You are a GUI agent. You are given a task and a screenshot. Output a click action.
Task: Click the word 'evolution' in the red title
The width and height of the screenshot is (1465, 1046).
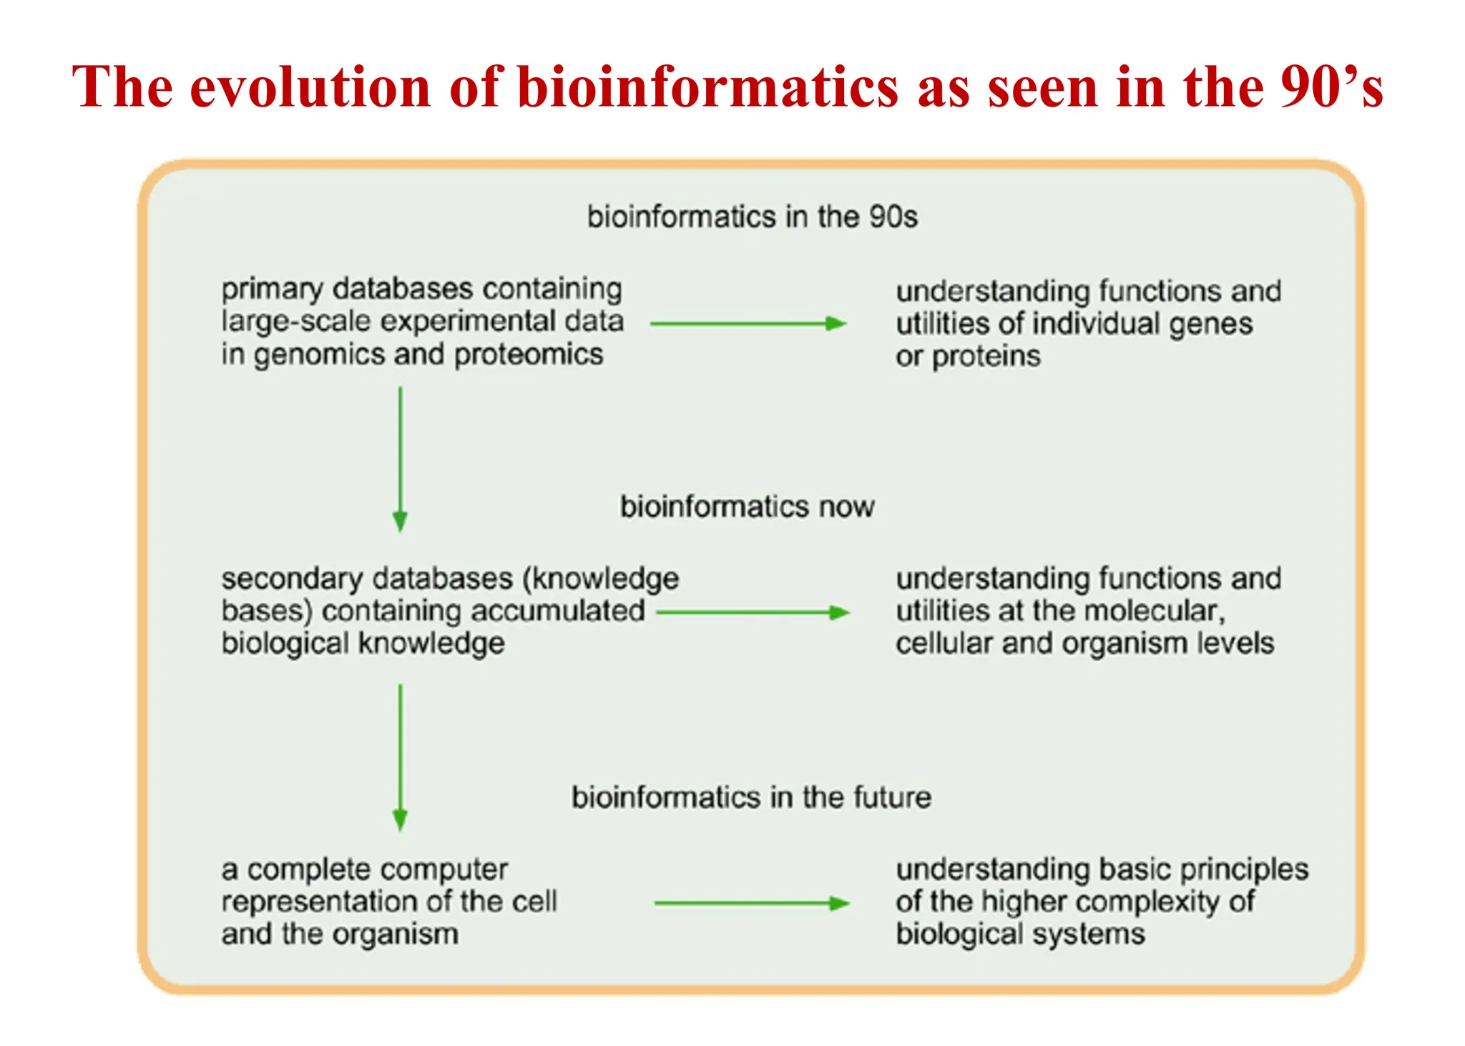click(x=309, y=87)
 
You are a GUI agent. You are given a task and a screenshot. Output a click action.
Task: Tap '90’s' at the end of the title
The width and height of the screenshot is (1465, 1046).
click(x=1331, y=87)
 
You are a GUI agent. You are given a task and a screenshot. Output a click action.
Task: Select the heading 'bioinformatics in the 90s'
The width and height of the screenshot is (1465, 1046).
click(x=752, y=217)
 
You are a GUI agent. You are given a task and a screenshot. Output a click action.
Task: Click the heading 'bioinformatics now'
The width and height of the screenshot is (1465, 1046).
click(x=747, y=507)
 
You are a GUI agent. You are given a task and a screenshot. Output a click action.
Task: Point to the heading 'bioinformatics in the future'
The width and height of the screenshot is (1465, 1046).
click(x=751, y=797)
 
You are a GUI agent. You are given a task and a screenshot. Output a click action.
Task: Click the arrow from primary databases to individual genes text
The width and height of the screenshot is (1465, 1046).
click(x=748, y=324)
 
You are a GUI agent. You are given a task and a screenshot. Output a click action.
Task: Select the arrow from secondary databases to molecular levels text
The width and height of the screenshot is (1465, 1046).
click(x=752, y=612)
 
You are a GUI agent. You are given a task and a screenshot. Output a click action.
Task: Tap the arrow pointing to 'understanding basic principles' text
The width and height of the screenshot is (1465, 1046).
click(x=751, y=904)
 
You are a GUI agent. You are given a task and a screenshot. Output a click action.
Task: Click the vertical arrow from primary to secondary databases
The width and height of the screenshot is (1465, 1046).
click(x=401, y=458)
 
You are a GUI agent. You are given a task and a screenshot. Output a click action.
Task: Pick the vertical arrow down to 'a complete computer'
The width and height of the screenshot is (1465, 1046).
click(x=401, y=756)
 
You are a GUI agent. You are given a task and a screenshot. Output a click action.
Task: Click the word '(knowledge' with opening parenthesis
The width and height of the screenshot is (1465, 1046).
click(x=600, y=579)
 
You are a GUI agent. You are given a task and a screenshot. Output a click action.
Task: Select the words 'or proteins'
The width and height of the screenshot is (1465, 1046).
click(x=967, y=356)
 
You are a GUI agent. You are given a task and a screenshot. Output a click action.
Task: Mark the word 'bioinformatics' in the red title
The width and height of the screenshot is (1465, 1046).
click(x=707, y=87)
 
